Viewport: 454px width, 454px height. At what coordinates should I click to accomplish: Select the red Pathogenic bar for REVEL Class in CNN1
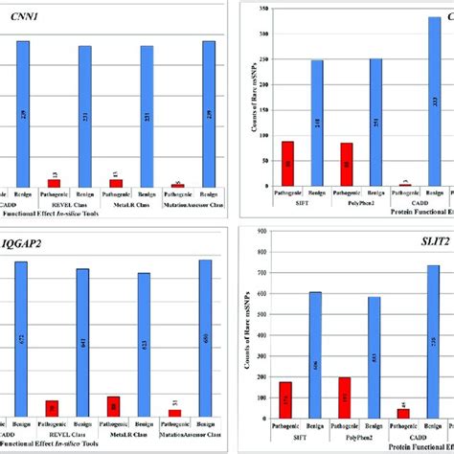pyautogui.click(x=54, y=182)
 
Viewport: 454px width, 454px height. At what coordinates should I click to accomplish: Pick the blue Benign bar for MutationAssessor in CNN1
pyautogui.click(x=208, y=113)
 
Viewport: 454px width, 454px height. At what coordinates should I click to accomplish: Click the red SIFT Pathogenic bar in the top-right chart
pyautogui.click(x=287, y=163)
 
